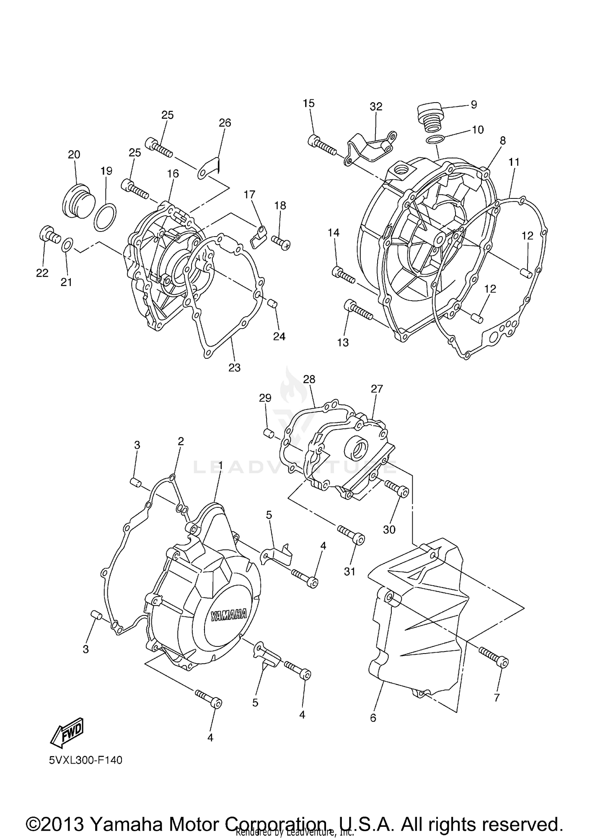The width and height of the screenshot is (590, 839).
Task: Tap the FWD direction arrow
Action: tap(68, 732)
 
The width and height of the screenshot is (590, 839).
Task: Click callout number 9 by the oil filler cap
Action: tap(474, 104)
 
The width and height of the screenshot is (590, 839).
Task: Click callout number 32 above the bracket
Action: tap(376, 106)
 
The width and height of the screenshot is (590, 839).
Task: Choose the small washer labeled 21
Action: tap(67, 245)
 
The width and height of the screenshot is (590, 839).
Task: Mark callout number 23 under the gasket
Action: tap(234, 367)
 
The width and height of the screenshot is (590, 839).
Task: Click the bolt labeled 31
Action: tap(351, 535)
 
